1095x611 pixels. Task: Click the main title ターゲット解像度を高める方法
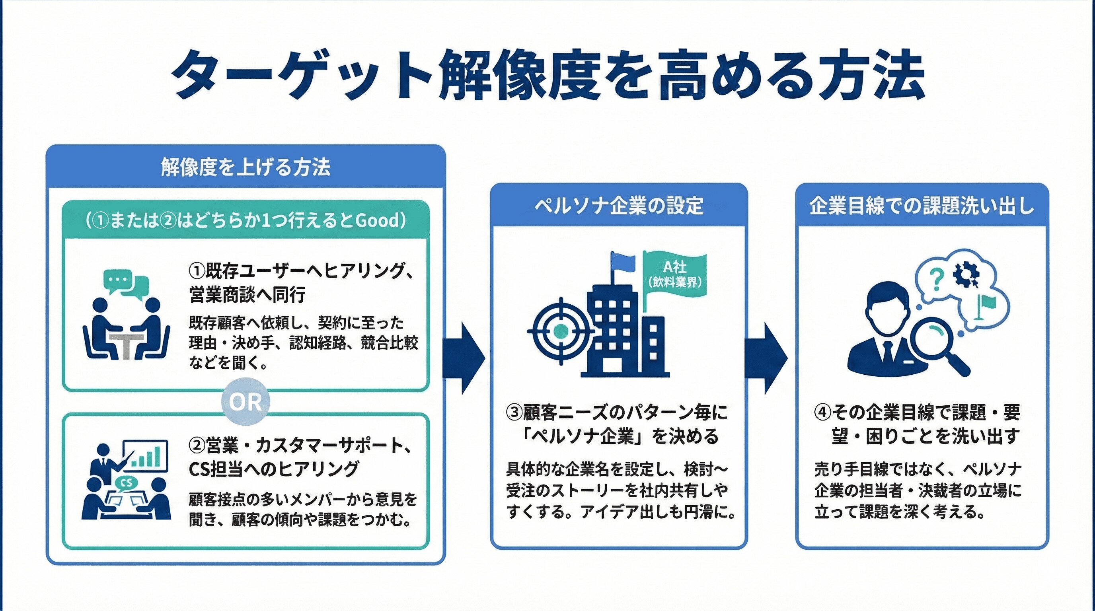(547, 76)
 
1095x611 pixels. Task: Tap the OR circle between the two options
(245, 401)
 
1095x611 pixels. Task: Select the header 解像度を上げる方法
(245, 167)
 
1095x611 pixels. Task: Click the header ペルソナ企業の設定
(618, 206)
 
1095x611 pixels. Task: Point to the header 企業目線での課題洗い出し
(922, 206)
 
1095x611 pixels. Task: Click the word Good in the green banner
(377, 220)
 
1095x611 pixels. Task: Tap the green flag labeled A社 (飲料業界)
(674, 274)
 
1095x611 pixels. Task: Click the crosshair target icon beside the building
(561, 331)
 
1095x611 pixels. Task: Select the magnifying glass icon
(935, 344)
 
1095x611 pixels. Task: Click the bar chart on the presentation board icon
(147, 457)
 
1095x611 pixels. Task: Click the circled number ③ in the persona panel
(514, 412)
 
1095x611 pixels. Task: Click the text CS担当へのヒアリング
(274, 469)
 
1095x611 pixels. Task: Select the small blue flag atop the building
(623, 261)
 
